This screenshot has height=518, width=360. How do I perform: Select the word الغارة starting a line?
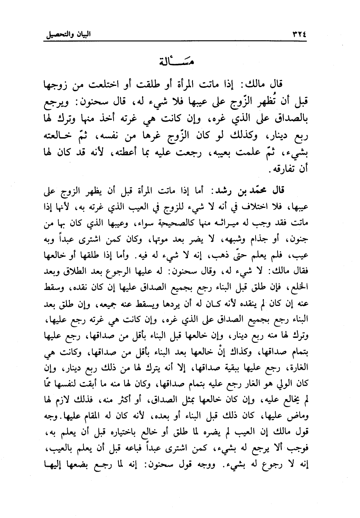[297, 370]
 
